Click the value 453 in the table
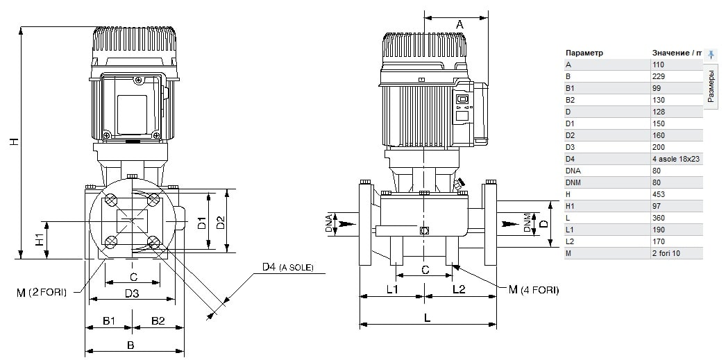point(659,195)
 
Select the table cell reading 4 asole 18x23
point(675,160)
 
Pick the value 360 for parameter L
point(659,218)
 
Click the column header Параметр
point(584,53)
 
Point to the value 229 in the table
point(659,76)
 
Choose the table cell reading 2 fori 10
point(667,254)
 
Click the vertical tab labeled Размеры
point(711,86)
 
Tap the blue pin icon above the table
point(711,54)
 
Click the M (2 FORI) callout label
point(40,292)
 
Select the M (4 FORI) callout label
point(533,290)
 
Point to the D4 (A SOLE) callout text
point(287,268)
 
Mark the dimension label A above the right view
point(459,24)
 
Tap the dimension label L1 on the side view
point(391,289)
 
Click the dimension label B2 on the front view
point(158,320)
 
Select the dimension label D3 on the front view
point(132,293)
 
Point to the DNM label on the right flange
point(527,223)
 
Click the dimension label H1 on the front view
point(40,239)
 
